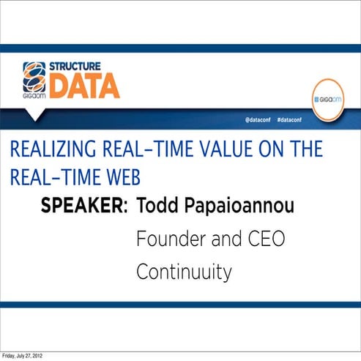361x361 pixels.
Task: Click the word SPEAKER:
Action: (x=83, y=206)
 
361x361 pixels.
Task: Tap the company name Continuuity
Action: (x=184, y=272)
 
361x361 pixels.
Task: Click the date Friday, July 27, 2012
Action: (x=22, y=356)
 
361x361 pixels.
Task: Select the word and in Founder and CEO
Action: (x=220, y=239)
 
